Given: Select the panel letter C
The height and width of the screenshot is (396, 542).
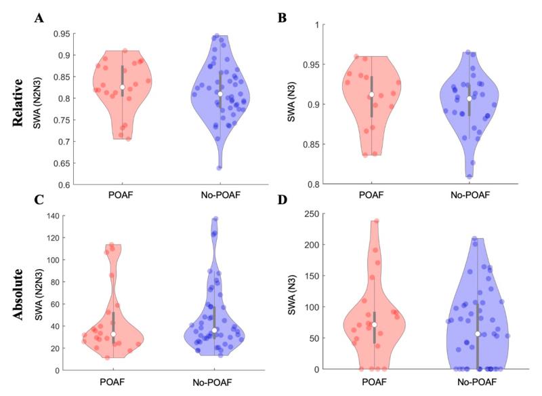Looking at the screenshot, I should (x=39, y=201).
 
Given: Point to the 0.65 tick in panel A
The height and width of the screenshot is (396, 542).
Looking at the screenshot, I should (x=60, y=163).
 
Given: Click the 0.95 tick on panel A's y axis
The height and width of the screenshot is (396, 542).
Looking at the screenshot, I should (x=60, y=34).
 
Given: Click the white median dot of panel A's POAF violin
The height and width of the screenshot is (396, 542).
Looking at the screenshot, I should (x=123, y=87).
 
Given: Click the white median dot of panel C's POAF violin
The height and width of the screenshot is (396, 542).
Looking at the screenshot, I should (x=114, y=334).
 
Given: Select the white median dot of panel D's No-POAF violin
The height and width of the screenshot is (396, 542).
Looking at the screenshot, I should (x=478, y=334).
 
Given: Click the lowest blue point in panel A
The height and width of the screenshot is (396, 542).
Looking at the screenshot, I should (x=219, y=167).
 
